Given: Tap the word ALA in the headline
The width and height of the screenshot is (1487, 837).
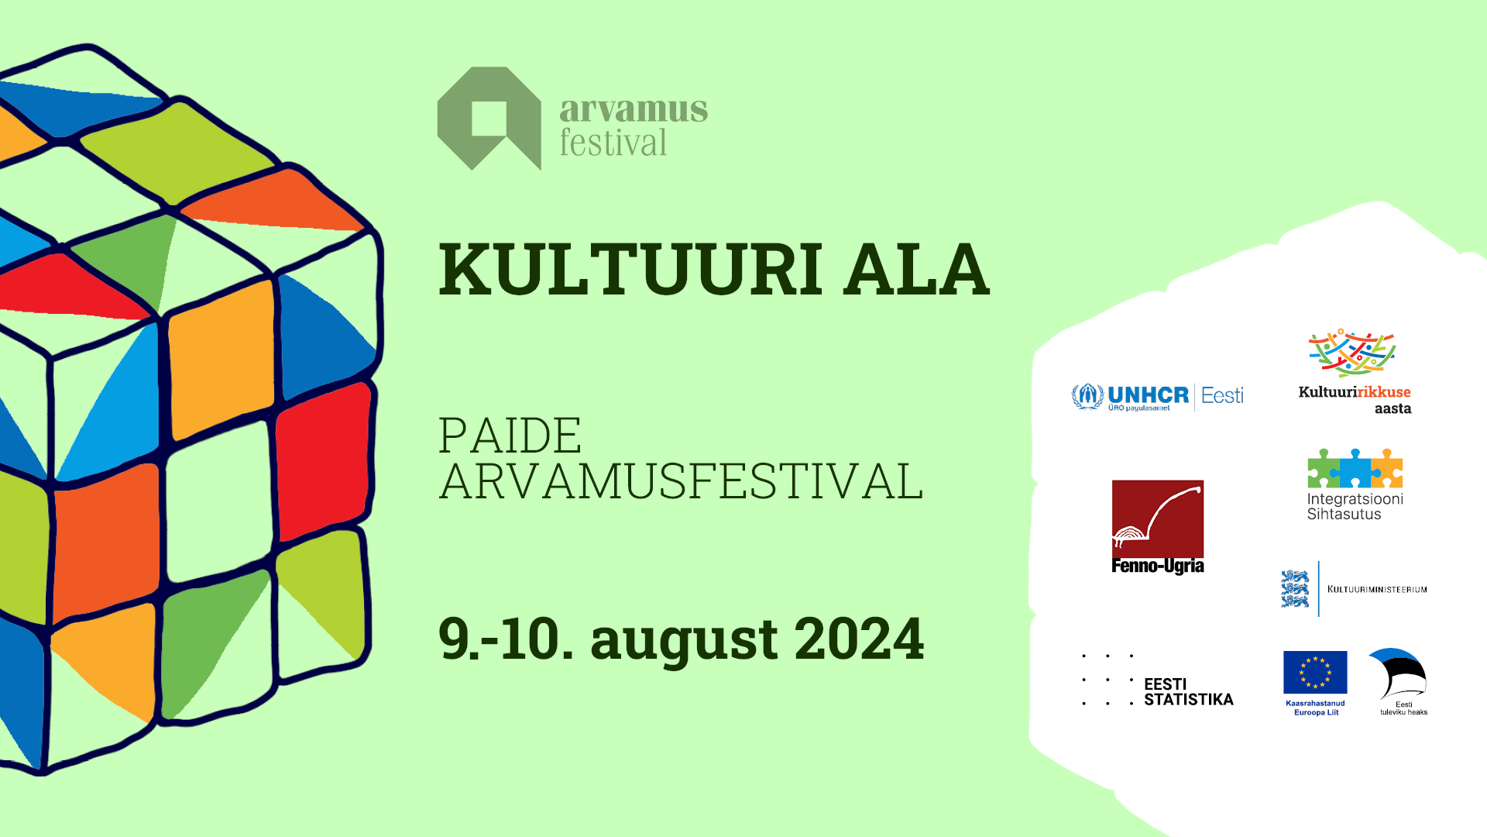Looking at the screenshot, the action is click(916, 269).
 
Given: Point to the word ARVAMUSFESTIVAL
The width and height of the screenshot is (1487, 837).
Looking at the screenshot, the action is click(682, 481).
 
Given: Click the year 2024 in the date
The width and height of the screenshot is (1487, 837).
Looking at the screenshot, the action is click(859, 639).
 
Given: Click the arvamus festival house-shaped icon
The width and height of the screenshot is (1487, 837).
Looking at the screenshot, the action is click(489, 118).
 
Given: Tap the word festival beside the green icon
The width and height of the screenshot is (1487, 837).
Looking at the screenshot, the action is click(613, 143).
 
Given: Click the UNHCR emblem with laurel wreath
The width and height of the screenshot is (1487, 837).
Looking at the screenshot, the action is click(1087, 396).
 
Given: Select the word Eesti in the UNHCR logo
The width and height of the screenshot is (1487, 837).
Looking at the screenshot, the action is click(1222, 396).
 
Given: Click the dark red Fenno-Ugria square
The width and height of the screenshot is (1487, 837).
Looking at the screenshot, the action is click(1158, 519).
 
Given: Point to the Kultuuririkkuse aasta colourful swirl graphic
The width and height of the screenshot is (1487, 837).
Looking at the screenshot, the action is click(1352, 353).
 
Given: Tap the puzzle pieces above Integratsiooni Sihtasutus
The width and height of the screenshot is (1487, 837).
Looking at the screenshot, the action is click(1355, 468).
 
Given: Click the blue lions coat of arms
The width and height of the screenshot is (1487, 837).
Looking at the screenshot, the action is click(1295, 589).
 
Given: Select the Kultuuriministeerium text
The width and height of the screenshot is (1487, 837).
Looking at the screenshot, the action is click(1377, 590).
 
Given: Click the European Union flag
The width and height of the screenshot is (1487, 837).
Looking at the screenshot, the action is click(1315, 672).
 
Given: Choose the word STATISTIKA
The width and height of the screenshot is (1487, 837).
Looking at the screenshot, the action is click(1189, 700).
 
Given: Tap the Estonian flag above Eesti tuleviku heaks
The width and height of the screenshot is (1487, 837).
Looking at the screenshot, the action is click(1398, 673).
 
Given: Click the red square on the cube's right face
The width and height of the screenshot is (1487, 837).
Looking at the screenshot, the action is click(323, 462).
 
